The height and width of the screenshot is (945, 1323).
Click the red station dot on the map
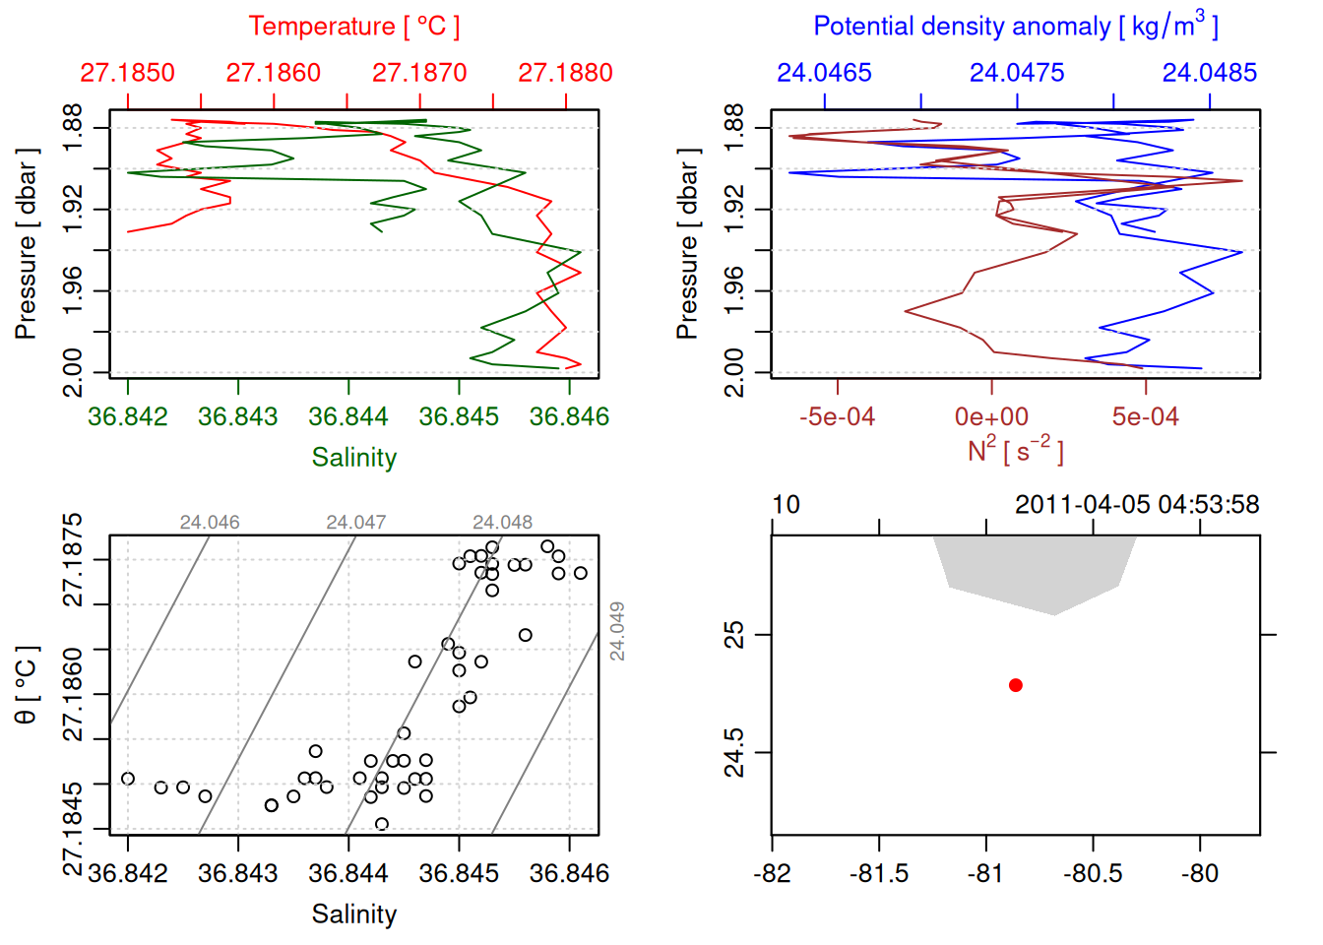click(1015, 685)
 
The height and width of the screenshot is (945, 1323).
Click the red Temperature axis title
click(353, 27)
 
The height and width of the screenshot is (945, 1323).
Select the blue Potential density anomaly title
click(1015, 27)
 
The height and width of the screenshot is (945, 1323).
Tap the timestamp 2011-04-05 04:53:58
click(1136, 505)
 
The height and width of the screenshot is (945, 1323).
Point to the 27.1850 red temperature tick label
click(128, 73)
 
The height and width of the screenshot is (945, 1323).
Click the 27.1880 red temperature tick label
click(565, 73)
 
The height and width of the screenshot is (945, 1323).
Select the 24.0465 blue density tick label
click(824, 73)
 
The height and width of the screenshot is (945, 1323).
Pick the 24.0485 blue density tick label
click(1209, 73)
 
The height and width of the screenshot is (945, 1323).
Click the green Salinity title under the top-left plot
click(353, 458)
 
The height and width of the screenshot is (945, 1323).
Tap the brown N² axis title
click(1015, 451)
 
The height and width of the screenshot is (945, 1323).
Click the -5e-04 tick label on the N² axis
click(837, 416)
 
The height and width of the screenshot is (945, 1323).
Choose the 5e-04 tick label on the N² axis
click(1145, 416)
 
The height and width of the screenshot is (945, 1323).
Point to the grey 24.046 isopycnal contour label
click(210, 523)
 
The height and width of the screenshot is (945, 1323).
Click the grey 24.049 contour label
click(617, 631)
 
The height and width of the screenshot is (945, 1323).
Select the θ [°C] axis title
click(27, 685)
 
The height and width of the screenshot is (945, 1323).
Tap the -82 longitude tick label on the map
click(772, 873)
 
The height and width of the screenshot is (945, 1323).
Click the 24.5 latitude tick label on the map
click(734, 753)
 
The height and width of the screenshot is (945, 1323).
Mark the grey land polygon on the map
click(1034, 571)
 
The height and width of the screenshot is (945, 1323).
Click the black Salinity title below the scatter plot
click(353, 914)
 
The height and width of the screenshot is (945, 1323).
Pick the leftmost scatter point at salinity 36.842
click(128, 779)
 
